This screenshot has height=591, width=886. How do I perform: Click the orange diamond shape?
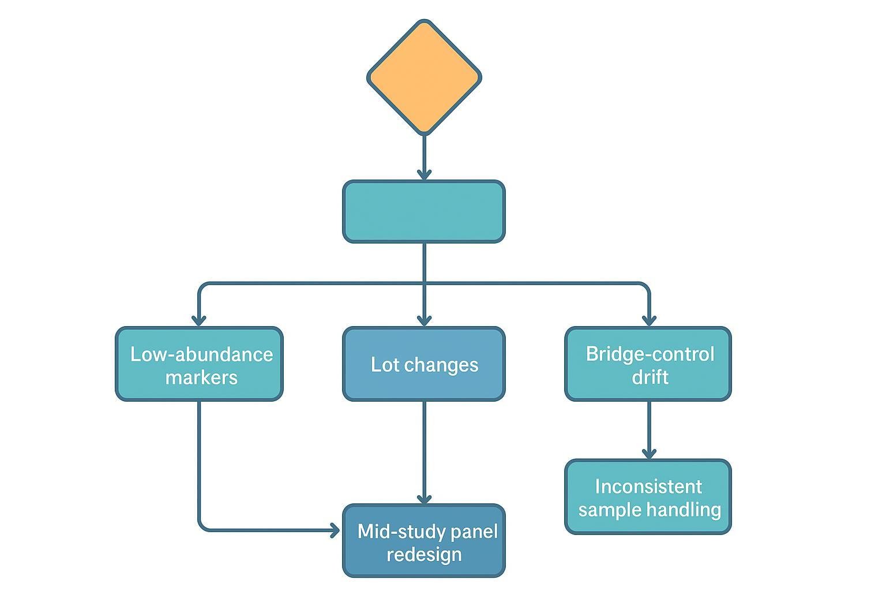point(424,77)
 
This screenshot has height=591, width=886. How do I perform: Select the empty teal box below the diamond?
point(424,211)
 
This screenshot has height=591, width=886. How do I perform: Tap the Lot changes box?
point(424,364)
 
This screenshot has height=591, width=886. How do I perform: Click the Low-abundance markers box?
point(199,364)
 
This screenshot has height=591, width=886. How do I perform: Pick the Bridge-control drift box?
point(648,364)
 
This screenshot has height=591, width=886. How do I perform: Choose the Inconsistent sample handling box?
point(648,497)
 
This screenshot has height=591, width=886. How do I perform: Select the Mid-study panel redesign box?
point(424,541)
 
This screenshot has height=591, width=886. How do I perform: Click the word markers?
point(201,377)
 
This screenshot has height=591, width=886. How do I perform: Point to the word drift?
point(650,377)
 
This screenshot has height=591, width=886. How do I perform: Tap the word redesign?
point(424,554)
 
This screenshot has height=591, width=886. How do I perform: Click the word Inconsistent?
point(648,487)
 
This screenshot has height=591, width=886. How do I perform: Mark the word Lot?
point(385,365)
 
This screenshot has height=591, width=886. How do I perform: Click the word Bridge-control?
point(650,354)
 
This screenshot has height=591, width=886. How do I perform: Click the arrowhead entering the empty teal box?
point(424,174)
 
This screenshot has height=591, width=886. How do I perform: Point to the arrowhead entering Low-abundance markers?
point(199,320)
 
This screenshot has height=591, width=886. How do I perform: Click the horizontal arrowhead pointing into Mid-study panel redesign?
point(335,530)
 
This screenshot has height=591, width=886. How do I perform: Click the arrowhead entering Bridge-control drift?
point(649,320)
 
